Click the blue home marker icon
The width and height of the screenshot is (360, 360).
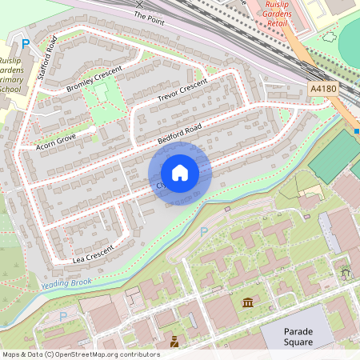click(180, 172)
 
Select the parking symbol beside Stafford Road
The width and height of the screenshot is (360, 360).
click(25, 43)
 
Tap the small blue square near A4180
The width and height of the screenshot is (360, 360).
click(356, 130)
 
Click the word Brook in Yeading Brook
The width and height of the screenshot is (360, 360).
click(82, 282)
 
